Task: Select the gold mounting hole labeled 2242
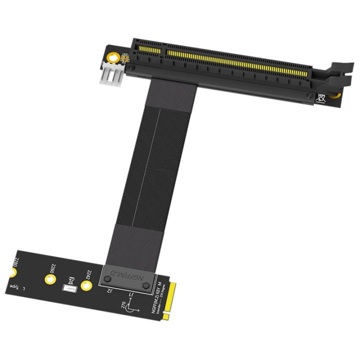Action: (x=87, y=286)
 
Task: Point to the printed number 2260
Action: (x=53, y=268)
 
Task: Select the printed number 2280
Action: (x=17, y=261)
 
